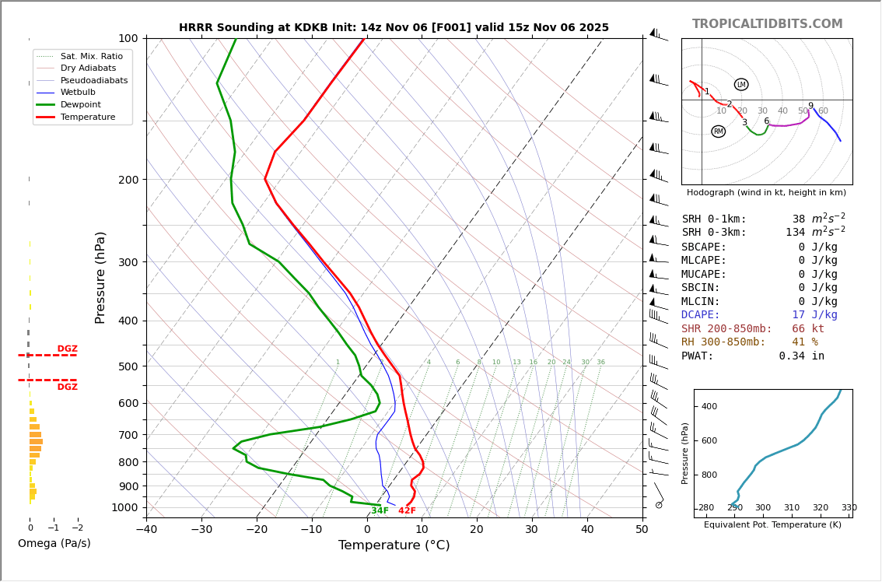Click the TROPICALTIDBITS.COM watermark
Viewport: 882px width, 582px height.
[x=767, y=24]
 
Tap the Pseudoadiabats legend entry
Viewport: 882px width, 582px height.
[x=93, y=80]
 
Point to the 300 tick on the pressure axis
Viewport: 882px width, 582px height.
[x=128, y=262]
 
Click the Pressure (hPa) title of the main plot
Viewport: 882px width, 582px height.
[x=100, y=277]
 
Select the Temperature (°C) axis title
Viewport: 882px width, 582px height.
[x=394, y=545]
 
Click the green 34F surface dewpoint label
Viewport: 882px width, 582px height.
[x=380, y=511]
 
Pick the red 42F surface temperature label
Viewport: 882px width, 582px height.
[x=407, y=511]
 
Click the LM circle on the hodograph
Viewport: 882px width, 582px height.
[x=741, y=85]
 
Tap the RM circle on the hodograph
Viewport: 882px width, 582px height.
[x=718, y=131]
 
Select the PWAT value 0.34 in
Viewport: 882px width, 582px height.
[x=801, y=356]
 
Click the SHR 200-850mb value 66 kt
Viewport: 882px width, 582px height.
[x=808, y=329]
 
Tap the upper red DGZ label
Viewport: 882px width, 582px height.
[x=67, y=349]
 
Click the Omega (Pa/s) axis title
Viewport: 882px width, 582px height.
[x=54, y=543]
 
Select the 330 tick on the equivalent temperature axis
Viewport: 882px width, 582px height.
[x=849, y=508]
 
